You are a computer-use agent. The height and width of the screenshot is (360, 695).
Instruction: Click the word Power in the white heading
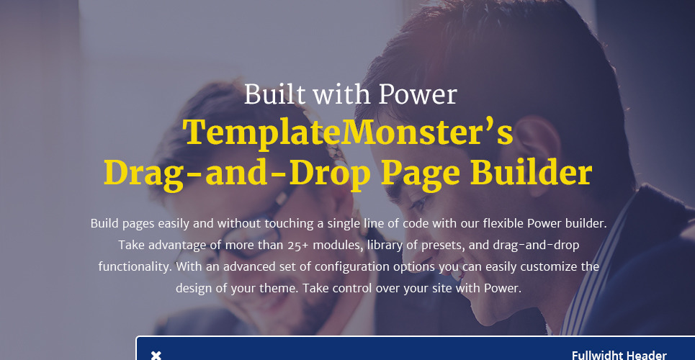418,94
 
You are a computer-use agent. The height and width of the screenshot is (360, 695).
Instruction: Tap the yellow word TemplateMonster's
349,132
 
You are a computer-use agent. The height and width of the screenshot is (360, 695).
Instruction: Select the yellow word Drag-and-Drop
237,174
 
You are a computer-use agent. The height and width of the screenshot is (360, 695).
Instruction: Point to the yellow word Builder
531,172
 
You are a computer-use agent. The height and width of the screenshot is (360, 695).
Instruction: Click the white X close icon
156,355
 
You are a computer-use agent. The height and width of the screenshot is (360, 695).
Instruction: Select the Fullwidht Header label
619,355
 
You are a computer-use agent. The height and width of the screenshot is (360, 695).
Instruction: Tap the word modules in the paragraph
337,246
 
